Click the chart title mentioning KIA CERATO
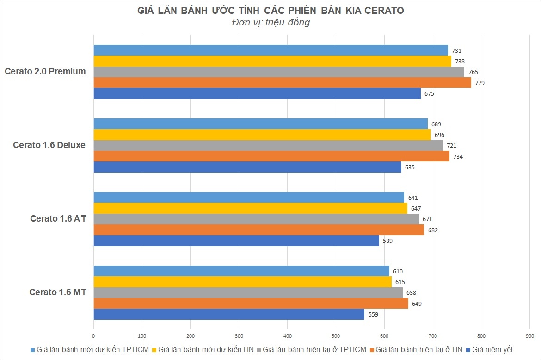click(x=270, y=11)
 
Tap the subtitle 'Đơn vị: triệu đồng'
click(x=270, y=23)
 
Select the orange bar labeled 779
click(x=282, y=83)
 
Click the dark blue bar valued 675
click(x=257, y=93)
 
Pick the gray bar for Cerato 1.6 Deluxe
click(x=268, y=145)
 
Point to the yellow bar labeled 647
click(x=250, y=208)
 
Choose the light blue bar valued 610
click(x=241, y=271)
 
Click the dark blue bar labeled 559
click(x=229, y=314)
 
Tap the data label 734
click(x=458, y=156)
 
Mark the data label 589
click(x=387, y=241)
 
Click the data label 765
click(x=473, y=72)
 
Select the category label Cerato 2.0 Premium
click(x=45, y=71)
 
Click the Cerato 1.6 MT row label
click(x=58, y=292)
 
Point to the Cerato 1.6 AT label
click(x=58, y=218)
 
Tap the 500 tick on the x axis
click(x=336, y=335)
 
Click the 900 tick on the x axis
click(x=529, y=335)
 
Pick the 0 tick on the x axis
click(x=94, y=335)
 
